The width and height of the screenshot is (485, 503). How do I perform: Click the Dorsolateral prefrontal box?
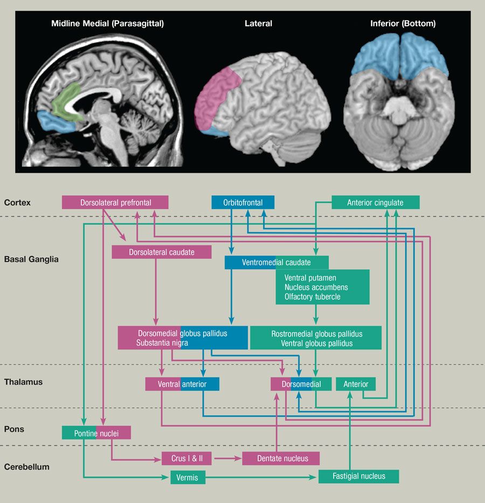(x=115, y=203)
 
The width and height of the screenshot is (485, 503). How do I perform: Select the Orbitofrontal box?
(x=243, y=203)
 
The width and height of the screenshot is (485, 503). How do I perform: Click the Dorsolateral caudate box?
(x=161, y=252)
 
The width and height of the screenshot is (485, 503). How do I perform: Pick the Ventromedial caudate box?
(x=276, y=263)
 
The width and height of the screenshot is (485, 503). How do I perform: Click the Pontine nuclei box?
(x=96, y=432)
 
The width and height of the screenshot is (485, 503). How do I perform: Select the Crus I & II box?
(x=187, y=458)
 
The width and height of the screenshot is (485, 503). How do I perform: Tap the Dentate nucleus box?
(x=281, y=458)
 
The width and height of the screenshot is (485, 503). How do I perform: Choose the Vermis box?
(x=188, y=478)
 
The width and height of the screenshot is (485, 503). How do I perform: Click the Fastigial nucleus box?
(x=358, y=476)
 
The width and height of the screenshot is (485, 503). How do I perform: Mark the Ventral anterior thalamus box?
(x=182, y=384)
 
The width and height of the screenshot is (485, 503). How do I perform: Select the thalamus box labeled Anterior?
(x=356, y=384)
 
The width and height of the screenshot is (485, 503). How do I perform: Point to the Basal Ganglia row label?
(x=31, y=259)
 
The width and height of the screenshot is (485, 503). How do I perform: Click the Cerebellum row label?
(x=27, y=467)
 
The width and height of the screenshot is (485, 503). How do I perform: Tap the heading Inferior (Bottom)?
(x=403, y=24)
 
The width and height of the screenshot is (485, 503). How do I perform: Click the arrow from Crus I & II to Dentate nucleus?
(x=227, y=458)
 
